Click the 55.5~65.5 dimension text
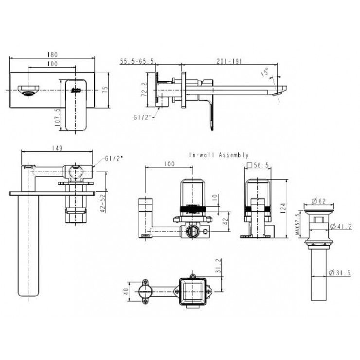(x=137, y=61)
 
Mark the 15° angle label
(x=265, y=73)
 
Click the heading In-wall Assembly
(x=219, y=155)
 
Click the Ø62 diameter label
(x=322, y=200)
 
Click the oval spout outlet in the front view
(x=28, y=90)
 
